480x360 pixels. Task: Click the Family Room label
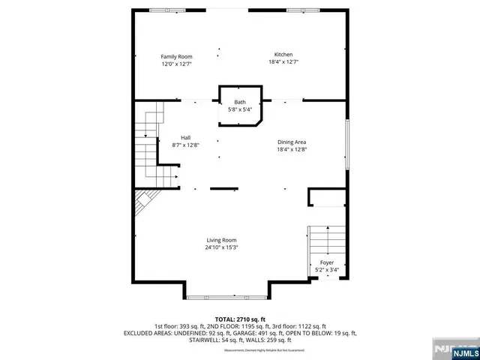click(177, 56)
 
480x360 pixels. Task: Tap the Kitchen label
click(283, 55)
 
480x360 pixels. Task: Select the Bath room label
click(240, 102)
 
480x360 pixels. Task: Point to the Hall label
click(184, 136)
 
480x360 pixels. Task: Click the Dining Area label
click(292, 141)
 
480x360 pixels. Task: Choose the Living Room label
click(221, 240)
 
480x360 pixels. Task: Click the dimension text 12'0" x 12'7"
click(177, 64)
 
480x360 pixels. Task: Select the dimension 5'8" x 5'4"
click(240, 110)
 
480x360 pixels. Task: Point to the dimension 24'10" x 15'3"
click(221, 247)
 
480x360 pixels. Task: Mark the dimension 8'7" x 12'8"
click(184, 145)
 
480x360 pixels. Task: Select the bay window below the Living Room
click(226, 297)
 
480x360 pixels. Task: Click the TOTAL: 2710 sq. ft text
click(241, 319)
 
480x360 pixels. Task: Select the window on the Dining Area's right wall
click(347, 145)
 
